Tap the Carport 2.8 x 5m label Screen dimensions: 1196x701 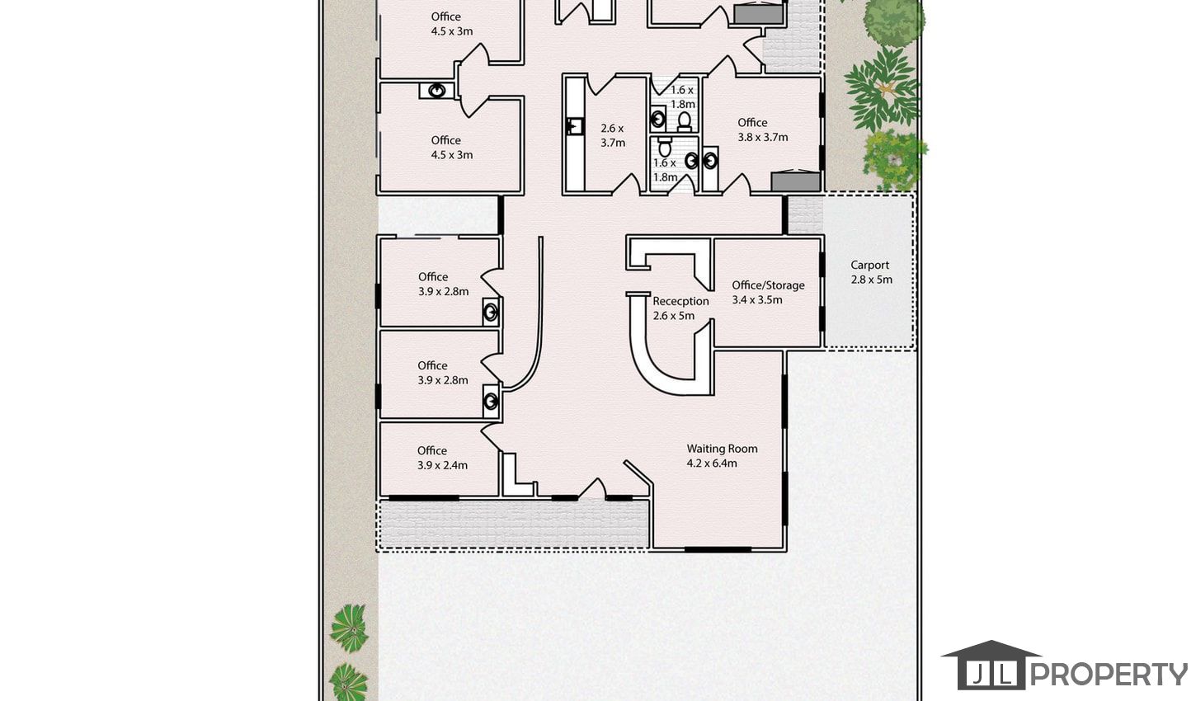pyautogui.click(x=871, y=272)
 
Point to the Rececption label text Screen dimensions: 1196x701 pyautogui.click(x=680, y=301)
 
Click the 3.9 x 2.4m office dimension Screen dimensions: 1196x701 pyautogui.click(x=442, y=466)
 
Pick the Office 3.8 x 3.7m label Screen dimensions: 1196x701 pyautogui.click(x=762, y=129)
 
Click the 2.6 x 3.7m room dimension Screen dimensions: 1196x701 pyautogui.click(x=612, y=135)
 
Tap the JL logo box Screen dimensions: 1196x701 pyautogui.click(x=991, y=675)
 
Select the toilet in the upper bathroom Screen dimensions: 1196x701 pyautogui.click(x=684, y=122)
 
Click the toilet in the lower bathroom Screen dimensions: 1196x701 pyautogui.click(x=665, y=147)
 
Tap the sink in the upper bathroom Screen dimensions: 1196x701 pyautogui.click(x=658, y=119)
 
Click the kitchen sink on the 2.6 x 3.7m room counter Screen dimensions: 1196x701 pyautogui.click(x=575, y=126)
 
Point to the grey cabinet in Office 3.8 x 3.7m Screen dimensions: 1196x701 pyautogui.click(x=796, y=181)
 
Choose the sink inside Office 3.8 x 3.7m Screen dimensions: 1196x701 pyautogui.click(x=710, y=161)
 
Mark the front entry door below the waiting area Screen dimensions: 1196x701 pyautogui.click(x=593, y=489)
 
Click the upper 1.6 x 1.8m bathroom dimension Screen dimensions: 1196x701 pyautogui.click(x=682, y=96)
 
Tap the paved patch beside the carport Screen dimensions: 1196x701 pyautogui.click(x=805, y=216)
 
